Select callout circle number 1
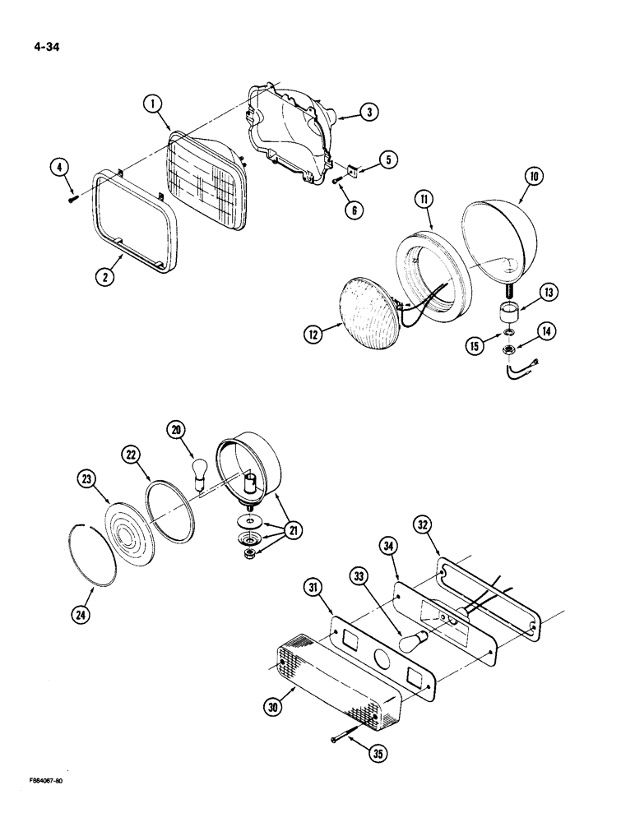pos(152,104)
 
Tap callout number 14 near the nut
pos(548,330)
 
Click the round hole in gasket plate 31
pos(382,635)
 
